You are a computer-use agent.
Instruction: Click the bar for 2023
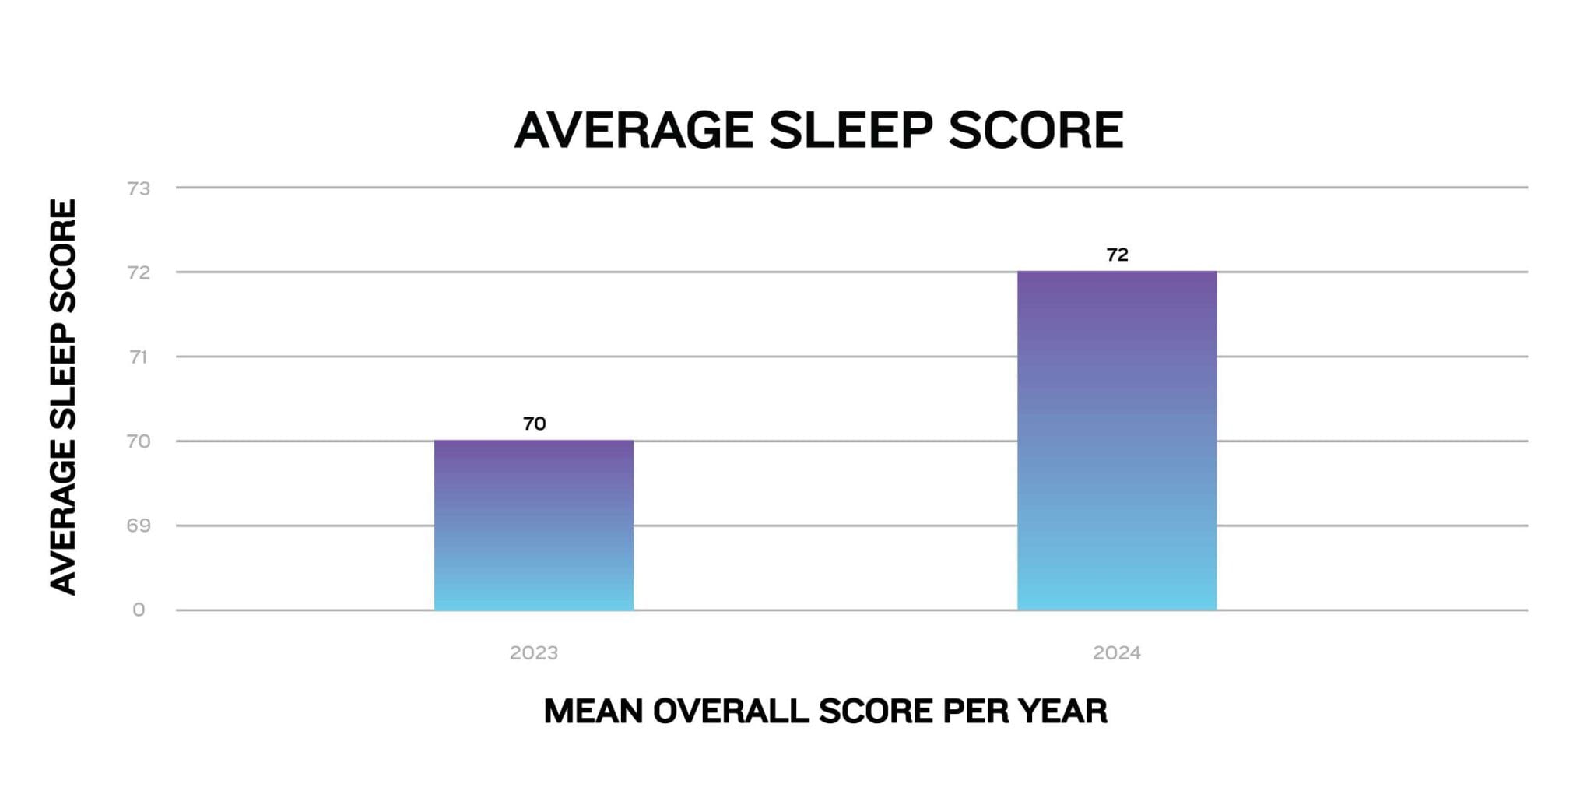[x=534, y=525]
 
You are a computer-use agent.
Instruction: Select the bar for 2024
[x=1117, y=441]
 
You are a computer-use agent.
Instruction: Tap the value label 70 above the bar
[x=534, y=424]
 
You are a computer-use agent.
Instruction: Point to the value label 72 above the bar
[x=1117, y=255]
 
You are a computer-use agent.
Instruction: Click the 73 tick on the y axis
[x=139, y=188]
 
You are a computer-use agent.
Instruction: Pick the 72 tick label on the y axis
[x=139, y=272]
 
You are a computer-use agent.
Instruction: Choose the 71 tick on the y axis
[x=139, y=357]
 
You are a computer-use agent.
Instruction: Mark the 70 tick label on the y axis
[x=139, y=441]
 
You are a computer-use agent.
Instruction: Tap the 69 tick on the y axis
[x=139, y=526]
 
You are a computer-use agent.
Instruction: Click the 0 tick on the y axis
[x=139, y=610]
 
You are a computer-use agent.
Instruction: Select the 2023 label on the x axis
[x=534, y=652]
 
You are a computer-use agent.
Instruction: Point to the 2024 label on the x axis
[x=1117, y=652]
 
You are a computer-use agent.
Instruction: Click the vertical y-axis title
[x=63, y=397]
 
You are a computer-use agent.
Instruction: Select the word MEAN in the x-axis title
[x=593, y=711]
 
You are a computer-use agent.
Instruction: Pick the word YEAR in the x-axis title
[x=1062, y=711]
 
